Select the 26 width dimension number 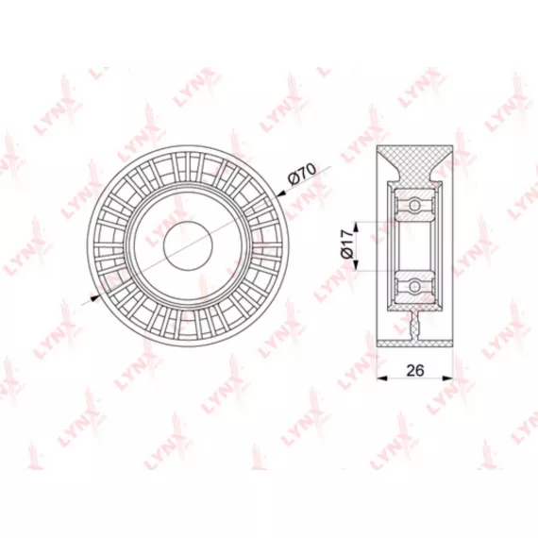coord(415,370)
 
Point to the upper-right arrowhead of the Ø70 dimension coord(281,194)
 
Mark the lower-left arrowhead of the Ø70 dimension coord(94,298)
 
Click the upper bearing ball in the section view coord(414,205)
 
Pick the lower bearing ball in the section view coord(414,286)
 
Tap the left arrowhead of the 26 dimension coord(382,378)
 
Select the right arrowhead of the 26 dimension coord(447,378)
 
